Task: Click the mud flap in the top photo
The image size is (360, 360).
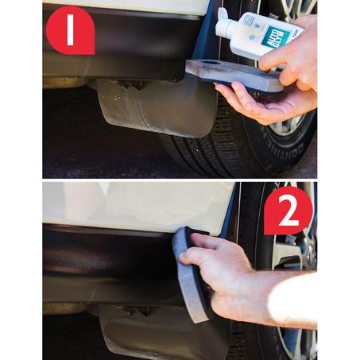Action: point(151,111)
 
